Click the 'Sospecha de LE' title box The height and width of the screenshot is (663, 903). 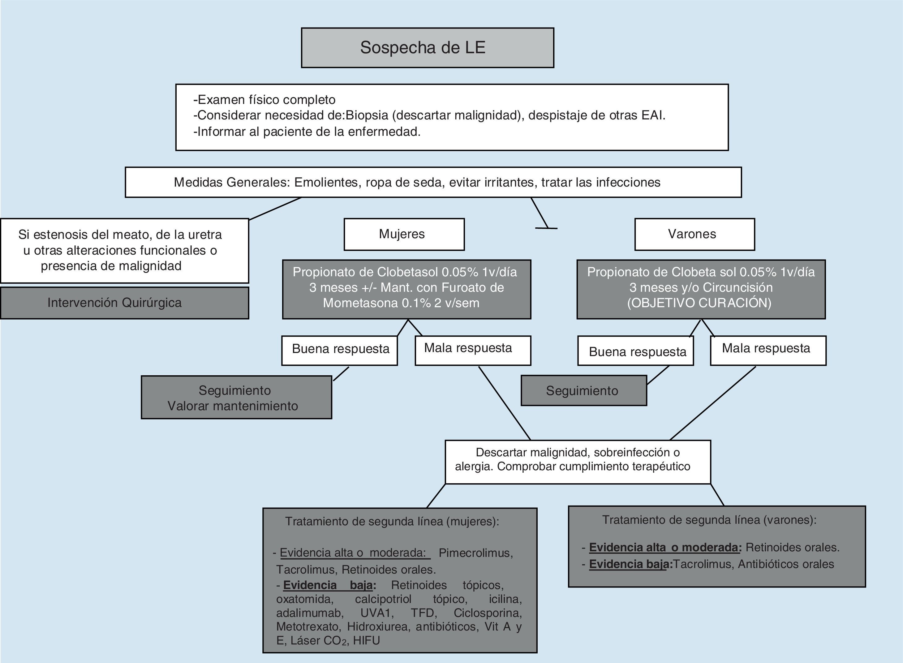[428, 48]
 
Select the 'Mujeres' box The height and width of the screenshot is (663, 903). [404, 235]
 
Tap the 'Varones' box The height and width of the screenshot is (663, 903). [694, 235]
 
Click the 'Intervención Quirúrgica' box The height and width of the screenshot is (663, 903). [124, 303]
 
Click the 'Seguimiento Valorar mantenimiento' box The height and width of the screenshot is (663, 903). [236, 397]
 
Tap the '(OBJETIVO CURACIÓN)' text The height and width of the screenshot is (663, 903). [699, 303]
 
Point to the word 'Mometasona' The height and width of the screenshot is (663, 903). [360, 303]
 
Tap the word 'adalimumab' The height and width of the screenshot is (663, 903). [309, 613]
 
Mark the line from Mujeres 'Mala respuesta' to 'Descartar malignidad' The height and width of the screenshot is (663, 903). [505, 403]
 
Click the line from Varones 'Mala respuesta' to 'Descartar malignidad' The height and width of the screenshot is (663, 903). [713, 403]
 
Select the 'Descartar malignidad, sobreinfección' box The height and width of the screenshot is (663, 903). [578, 462]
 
